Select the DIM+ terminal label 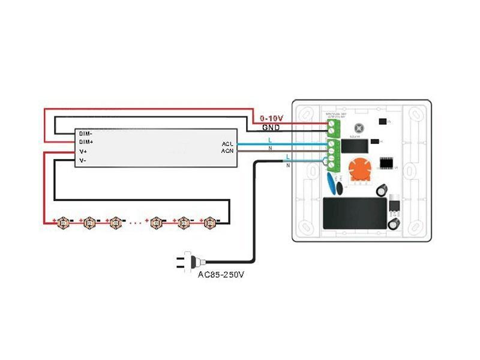[x=86, y=142]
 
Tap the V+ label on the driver [x=84, y=152]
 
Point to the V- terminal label [x=84, y=161]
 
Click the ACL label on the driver [x=227, y=144]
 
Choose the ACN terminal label [x=227, y=151]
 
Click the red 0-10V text [x=271, y=119]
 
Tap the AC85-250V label [x=221, y=275]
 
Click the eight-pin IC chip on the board [x=387, y=162]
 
